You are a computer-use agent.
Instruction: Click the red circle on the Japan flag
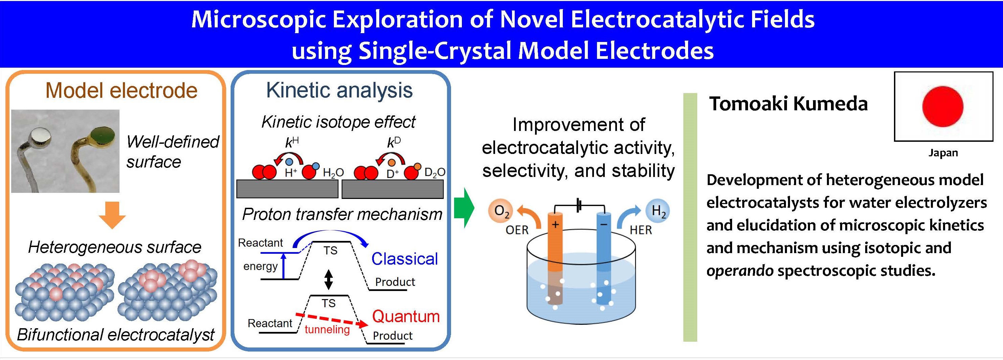tap(943, 106)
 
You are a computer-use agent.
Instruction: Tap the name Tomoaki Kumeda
tap(788, 104)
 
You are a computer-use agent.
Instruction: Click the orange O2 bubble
tap(501, 211)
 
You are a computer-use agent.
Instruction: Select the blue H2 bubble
tap(658, 211)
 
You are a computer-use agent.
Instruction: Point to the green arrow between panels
tap(464, 207)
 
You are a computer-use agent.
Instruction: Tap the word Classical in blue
tap(405, 259)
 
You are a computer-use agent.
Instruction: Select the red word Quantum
tap(406, 316)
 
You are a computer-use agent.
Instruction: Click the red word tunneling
tap(327, 330)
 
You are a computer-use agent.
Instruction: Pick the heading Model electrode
tap(122, 90)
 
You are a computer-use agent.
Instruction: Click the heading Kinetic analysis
tap(339, 90)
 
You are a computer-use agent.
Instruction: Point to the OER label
tap(517, 230)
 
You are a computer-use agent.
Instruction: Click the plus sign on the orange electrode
tap(555, 224)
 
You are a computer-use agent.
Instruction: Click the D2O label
tap(434, 173)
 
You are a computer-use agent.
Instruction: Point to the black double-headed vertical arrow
tap(328, 279)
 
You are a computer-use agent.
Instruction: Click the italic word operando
tap(740, 270)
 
